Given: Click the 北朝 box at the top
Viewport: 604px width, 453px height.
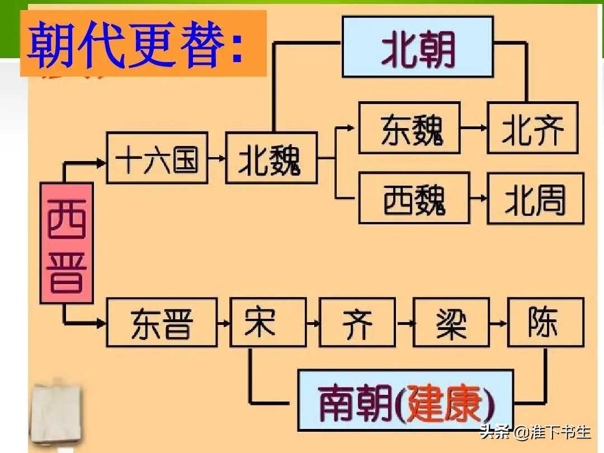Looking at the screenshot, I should [417, 46].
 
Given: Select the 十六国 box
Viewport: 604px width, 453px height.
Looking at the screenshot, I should [157, 158].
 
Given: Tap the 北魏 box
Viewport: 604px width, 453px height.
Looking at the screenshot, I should [271, 158].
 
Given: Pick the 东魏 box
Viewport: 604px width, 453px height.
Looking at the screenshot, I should [409, 128].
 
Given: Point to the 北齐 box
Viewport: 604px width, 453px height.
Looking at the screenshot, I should [532, 128].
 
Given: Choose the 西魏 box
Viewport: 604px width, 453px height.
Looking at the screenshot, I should [414, 198].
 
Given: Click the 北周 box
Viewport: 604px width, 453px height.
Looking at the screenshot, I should [535, 198].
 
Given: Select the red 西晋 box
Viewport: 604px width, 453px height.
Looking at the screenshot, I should [67, 243].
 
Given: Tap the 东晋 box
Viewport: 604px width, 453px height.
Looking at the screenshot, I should [162, 323].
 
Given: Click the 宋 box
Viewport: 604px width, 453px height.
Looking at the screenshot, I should [268, 323].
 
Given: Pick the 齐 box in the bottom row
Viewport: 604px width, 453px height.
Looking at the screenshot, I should [357, 323].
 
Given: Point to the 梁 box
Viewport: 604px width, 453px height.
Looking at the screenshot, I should [451, 323].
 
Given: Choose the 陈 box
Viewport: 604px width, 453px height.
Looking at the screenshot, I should [545, 323].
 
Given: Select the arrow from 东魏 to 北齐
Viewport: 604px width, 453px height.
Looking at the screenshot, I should [474, 128].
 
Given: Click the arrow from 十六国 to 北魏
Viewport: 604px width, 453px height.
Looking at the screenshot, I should [216, 158].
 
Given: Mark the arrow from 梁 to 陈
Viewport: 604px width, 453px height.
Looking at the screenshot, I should [498, 323].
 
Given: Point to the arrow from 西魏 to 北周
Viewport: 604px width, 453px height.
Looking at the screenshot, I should [478, 199].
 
